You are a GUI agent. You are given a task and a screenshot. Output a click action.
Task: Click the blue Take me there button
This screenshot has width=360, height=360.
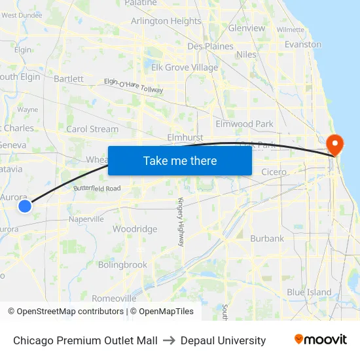(179, 160)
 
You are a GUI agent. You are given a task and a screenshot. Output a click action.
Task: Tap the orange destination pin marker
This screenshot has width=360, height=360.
(334, 144)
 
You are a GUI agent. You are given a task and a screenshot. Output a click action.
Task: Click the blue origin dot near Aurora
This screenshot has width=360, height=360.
(24, 206)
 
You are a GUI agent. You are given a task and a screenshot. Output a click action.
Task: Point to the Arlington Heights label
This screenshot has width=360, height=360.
(166, 21)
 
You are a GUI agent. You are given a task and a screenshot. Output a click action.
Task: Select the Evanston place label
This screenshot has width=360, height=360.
(302, 45)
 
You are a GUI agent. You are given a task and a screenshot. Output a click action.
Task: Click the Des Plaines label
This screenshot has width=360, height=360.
(210, 46)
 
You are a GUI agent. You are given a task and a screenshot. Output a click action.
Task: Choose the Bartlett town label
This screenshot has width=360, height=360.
(69, 79)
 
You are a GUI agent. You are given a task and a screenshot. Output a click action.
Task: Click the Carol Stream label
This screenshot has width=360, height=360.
(92, 129)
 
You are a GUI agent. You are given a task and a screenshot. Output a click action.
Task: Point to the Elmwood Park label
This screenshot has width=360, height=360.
(244, 124)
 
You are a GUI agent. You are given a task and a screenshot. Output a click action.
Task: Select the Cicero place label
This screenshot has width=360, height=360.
(274, 172)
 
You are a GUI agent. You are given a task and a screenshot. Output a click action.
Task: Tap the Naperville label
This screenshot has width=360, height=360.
(87, 219)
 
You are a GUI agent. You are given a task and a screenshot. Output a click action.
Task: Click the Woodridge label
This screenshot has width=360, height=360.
(135, 229)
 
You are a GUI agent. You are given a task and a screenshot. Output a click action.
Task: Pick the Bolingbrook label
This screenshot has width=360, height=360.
(122, 265)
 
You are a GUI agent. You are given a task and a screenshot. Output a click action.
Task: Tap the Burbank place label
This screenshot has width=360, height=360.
(266, 238)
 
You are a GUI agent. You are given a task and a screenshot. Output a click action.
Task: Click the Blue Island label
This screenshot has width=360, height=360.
(309, 293)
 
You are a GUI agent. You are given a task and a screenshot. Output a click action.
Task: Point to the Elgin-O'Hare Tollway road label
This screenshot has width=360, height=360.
(133, 85)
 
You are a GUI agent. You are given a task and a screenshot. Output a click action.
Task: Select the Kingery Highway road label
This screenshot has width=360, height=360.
(180, 221)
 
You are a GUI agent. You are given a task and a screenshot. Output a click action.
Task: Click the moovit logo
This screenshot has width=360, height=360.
(320, 340)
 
